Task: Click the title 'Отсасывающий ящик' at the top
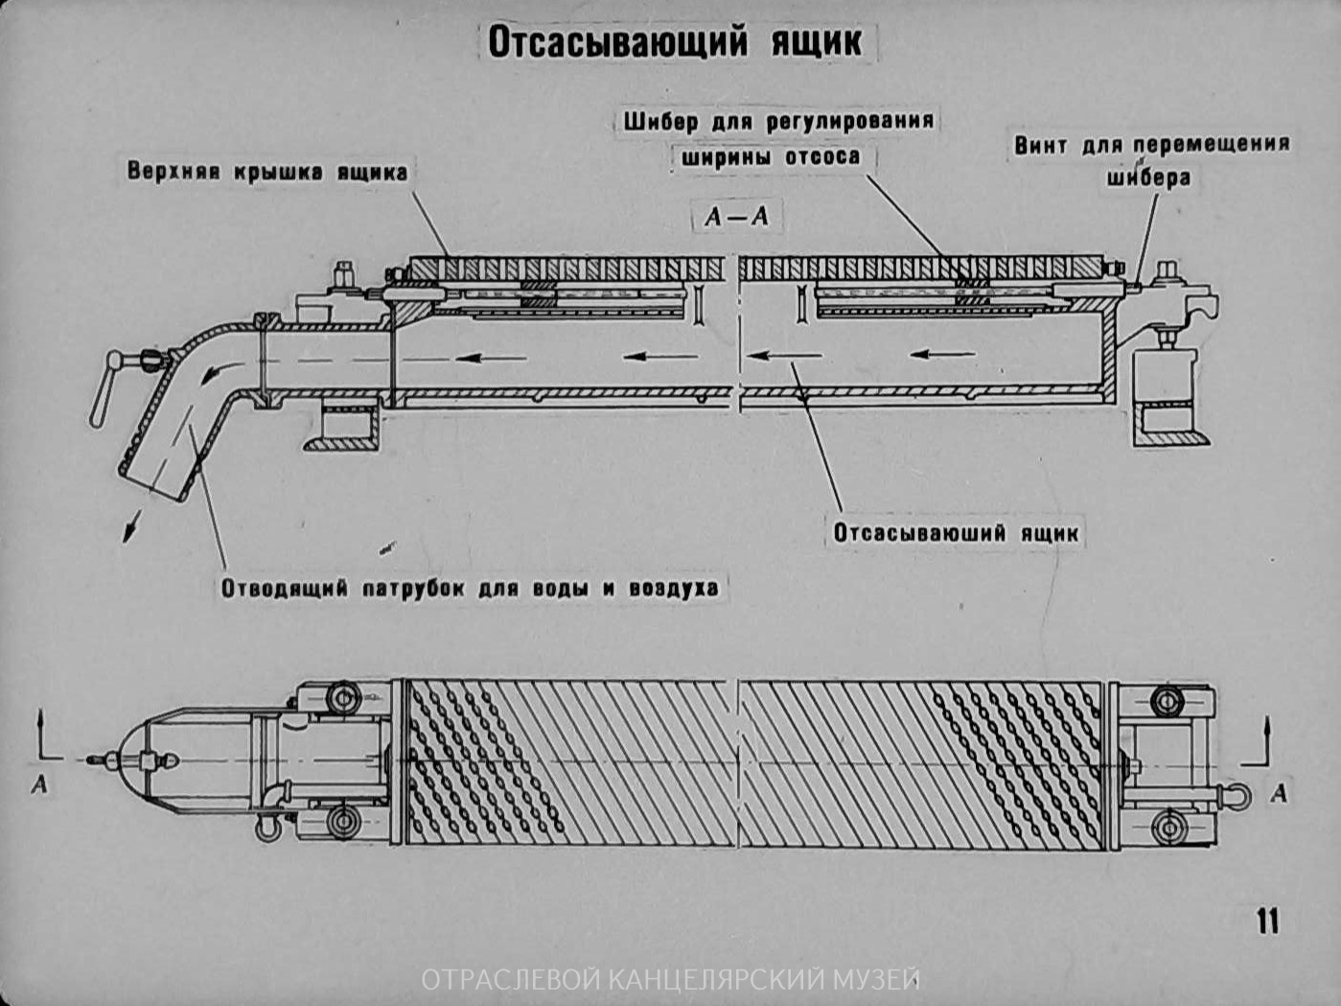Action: click(675, 42)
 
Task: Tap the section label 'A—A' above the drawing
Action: click(736, 217)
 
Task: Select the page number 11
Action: click(1267, 921)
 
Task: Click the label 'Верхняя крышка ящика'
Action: click(267, 173)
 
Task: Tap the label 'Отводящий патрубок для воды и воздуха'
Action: click(470, 587)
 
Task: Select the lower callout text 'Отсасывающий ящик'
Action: click(956, 533)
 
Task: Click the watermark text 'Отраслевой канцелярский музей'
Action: click(670, 980)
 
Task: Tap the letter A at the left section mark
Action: click(39, 784)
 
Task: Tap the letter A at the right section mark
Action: click(1279, 794)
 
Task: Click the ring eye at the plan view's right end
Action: click(1235, 795)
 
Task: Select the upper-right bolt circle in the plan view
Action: click(1167, 701)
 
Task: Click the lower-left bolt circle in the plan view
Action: click(340, 821)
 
